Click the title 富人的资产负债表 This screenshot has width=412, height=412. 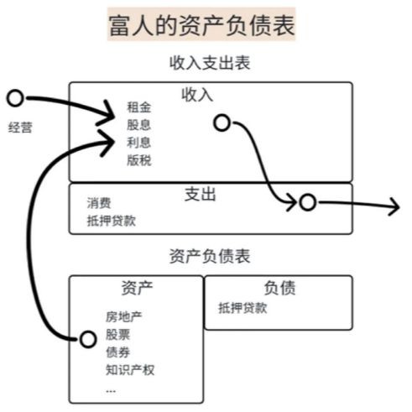pyautogui.click(x=201, y=26)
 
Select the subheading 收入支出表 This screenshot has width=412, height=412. pyautogui.click(x=210, y=63)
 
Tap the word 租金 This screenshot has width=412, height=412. pyautogui.click(x=139, y=107)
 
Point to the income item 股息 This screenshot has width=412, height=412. pyautogui.click(x=139, y=125)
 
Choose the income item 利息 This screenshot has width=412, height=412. pyautogui.click(x=139, y=143)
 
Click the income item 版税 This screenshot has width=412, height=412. pyautogui.click(x=139, y=160)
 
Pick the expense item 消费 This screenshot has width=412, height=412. pyautogui.click(x=99, y=203)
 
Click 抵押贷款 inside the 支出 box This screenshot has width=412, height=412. pyautogui.click(x=112, y=221)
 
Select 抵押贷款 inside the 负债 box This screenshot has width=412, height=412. pyautogui.click(x=243, y=308)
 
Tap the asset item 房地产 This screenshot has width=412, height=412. pyautogui.click(x=124, y=317)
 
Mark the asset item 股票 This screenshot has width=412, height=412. pyautogui.click(x=117, y=335)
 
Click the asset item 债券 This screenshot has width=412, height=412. pyautogui.click(x=117, y=352)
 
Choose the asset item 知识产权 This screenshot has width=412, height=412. pyautogui.click(x=130, y=370)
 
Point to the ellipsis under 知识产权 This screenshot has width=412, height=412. pyautogui.click(x=111, y=391)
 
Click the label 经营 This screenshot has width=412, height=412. pyautogui.click(x=20, y=128)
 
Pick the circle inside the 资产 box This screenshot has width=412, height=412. pyautogui.click(x=81, y=339)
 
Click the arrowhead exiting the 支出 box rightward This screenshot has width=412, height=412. pyautogui.click(x=394, y=206)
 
